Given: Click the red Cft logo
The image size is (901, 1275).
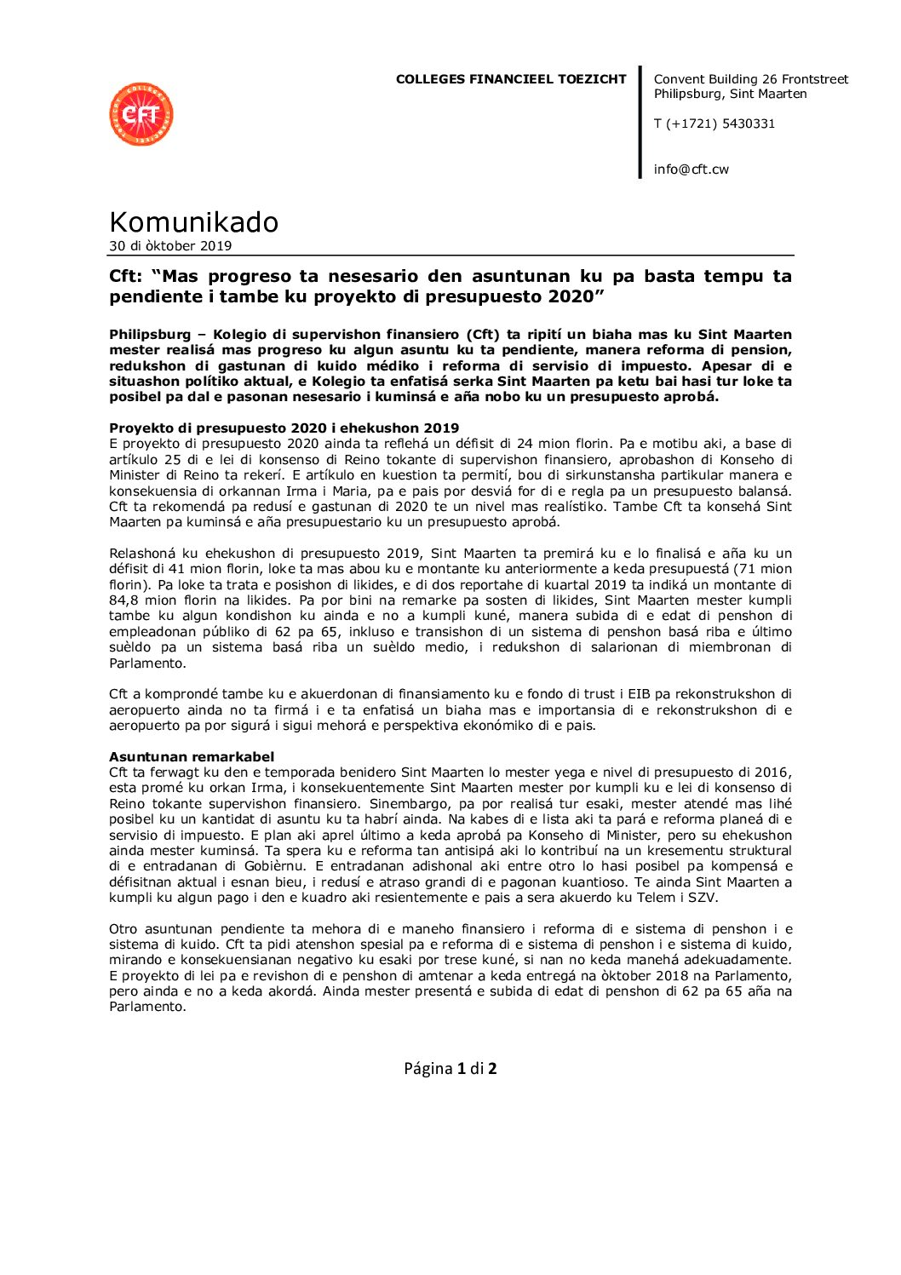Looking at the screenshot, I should tap(141, 114).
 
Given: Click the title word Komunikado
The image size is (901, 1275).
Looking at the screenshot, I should tap(193, 221).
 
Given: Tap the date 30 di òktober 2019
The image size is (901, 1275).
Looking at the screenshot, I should tap(170, 246).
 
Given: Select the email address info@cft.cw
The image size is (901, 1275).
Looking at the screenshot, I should tap(691, 169).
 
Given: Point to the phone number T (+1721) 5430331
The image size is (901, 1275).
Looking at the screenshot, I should tap(714, 123).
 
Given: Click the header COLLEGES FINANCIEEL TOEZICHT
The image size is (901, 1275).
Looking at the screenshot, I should tap(511, 79).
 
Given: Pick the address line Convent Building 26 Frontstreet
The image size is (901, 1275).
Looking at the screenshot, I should tap(750, 79).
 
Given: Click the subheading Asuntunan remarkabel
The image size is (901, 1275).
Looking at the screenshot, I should tap(192, 756).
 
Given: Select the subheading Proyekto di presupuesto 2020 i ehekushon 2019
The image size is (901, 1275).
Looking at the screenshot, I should tap(284, 428).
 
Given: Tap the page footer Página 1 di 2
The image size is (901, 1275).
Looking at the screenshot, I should tap(450, 1068).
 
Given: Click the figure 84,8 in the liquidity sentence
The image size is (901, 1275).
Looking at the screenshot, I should tap(125, 600).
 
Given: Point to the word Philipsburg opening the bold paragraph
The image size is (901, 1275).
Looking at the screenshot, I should tap(150, 334).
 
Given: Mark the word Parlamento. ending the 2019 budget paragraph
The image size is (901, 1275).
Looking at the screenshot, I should tap(146, 663).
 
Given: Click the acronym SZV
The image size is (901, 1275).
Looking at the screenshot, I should tap(703, 898).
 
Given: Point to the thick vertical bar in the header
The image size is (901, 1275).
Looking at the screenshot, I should tap(640, 122).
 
